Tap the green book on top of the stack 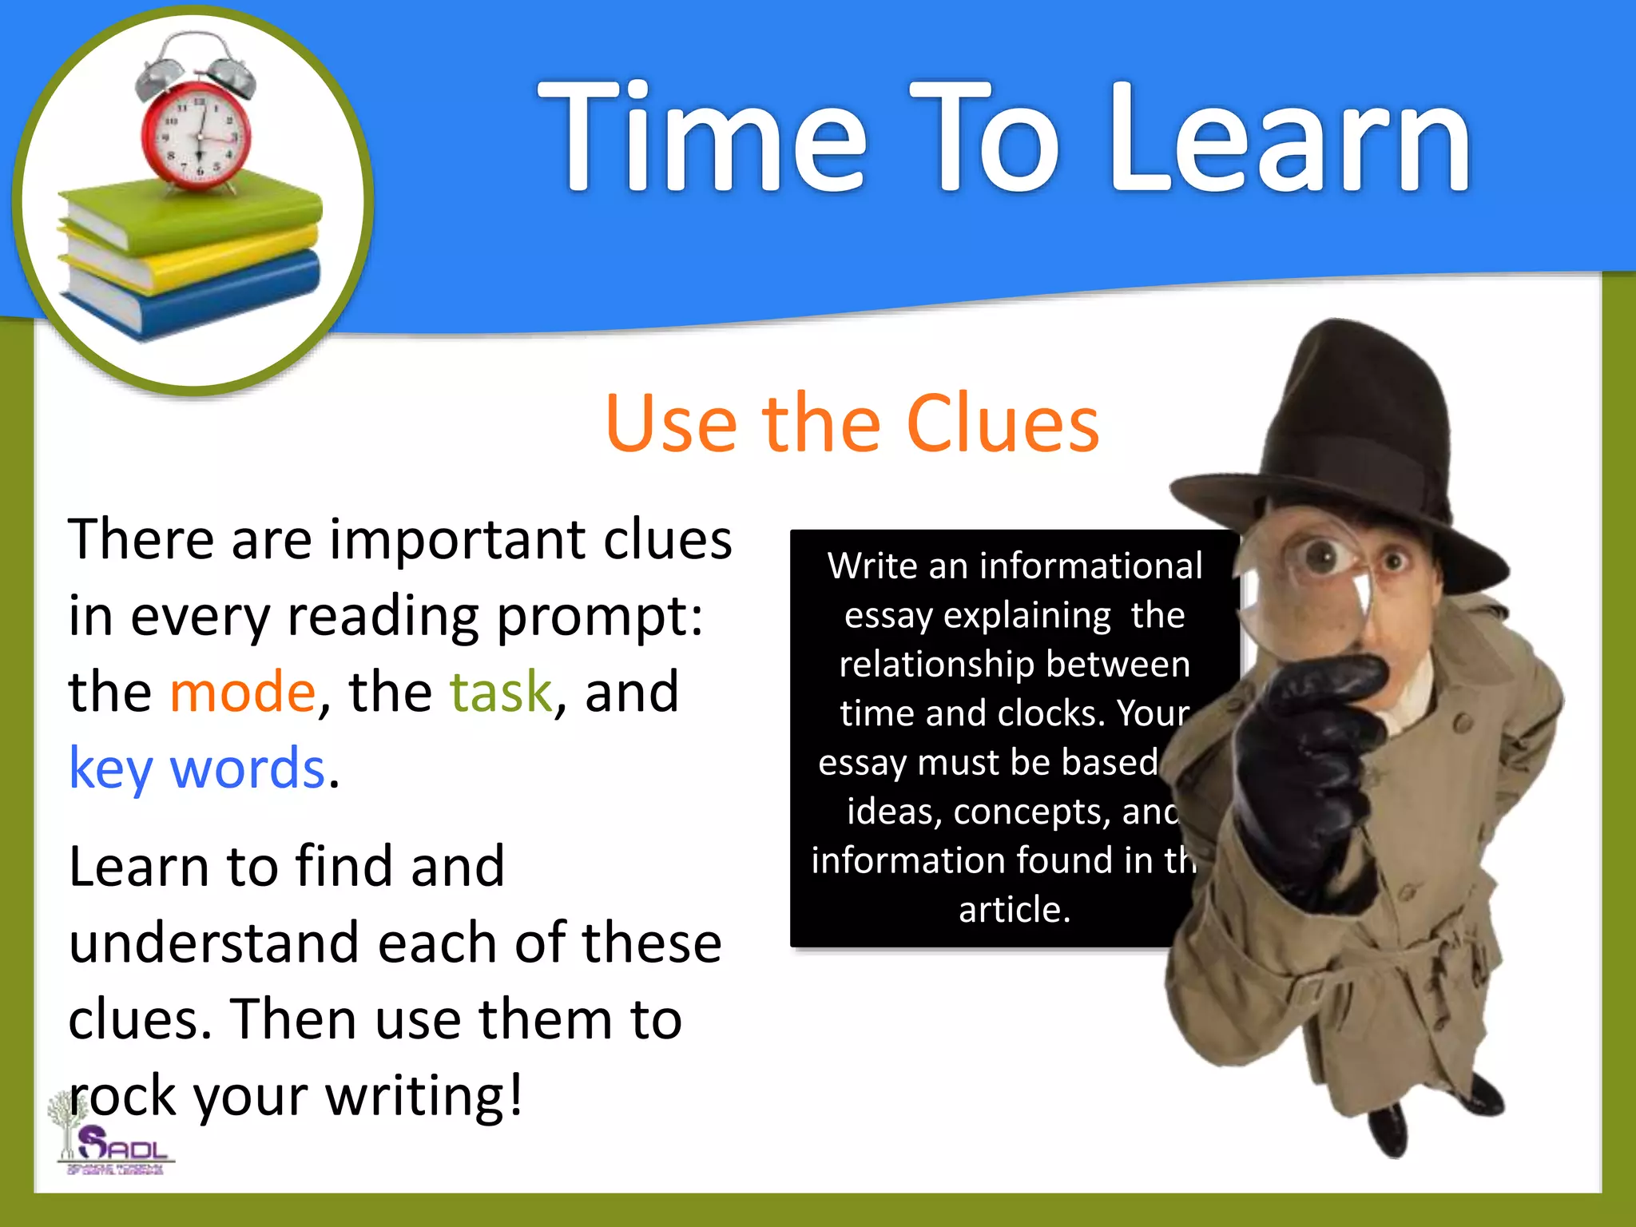(192, 212)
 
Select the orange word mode (243, 692)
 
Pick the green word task (501, 692)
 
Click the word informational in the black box (1090, 566)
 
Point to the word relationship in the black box (939, 665)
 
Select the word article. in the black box (1015, 910)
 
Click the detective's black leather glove (1310, 759)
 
